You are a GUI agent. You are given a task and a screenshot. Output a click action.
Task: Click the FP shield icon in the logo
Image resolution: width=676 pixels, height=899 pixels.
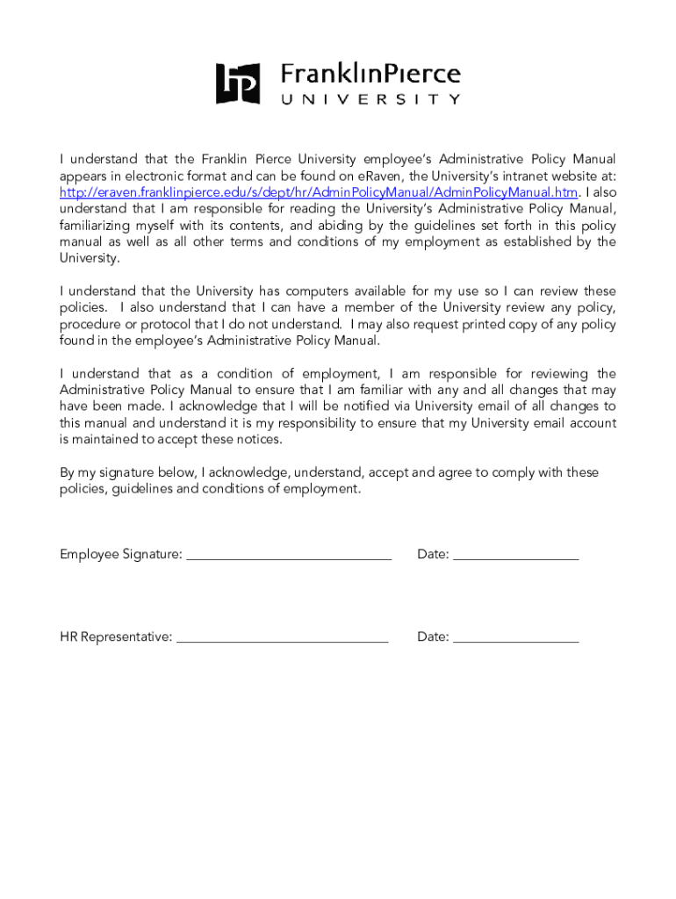(x=238, y=83)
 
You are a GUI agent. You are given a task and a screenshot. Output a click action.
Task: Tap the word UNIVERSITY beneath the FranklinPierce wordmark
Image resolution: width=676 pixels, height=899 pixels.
(x=370, y=100)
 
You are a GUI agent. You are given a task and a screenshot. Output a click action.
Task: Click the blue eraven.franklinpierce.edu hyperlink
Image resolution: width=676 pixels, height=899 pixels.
(x=319, y=192)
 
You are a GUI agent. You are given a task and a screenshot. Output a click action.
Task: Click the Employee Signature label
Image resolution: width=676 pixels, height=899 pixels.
(x=121, y=554)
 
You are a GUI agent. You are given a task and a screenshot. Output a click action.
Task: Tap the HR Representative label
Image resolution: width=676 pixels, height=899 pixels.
(x=116, y=636)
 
